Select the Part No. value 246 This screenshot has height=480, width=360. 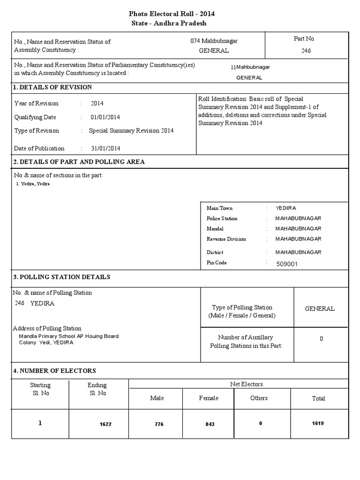pyautogui.click(x=306, y=51)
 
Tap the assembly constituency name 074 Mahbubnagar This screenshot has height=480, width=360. pyautogui.click(x=214, y=41)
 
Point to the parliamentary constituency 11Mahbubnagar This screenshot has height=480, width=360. pyautogui.click(x=250, y=67)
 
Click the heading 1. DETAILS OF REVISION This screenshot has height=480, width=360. pyautogui.click(x=52, y=88)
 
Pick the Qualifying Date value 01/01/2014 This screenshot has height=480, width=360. pyautogui.click(x=106, y=117)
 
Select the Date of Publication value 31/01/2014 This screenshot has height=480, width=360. pyautogui.click(x=106, y=149)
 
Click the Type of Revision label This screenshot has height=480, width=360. pyautogui.click(x=37, y=131)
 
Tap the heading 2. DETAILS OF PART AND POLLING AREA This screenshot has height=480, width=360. pyautogui.click(x=79, y=162)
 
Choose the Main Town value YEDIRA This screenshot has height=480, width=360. pyautogui.click(x=286, y=208)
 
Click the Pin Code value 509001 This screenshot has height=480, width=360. pyautogui.click(x=287, y=264)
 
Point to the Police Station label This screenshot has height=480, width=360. pyautogui.click(x=222, y=218)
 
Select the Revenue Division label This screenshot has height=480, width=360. pyautogui.click(x=226, y=239)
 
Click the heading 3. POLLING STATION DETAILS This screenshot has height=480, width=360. pyautogui.click(x=62, y=277)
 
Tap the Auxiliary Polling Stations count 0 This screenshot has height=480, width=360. pyautogui.click(x=321, y=339)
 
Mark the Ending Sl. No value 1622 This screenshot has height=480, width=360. pyautogui.click(x=105, y=424)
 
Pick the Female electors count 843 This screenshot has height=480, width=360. pyautogui.click(x=210, y=424)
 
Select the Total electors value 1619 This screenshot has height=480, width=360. pyautogui.click(x=318, y=423)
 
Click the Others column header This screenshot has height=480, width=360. pyautogui.click(x=259, y=398)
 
